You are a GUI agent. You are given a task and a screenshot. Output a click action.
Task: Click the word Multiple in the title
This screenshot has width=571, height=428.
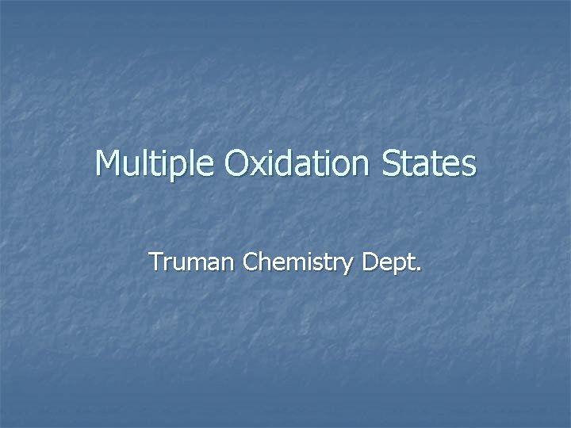pos(155,164)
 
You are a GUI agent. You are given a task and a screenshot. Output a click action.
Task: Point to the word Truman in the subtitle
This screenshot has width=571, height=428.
pos(193,262)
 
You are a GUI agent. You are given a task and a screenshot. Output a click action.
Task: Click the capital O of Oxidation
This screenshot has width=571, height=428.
pos(239,164)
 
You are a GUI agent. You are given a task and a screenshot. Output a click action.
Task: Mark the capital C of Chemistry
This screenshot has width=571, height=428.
pos(252,261)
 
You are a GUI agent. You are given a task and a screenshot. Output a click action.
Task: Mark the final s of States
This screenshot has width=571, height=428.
pos(469,167)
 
